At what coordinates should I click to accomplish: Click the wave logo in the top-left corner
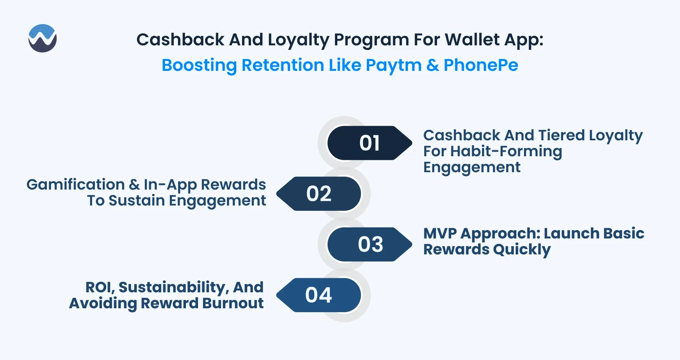pos(42,38)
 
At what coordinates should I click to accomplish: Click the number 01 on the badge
pos(369,143)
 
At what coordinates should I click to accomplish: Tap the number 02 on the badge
pos(319,194)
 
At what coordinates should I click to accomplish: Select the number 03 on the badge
pos(370,244)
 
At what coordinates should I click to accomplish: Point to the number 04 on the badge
pos(319,295)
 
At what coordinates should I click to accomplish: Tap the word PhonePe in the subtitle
pos(481,65)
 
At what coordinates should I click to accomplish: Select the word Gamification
pos(75,185)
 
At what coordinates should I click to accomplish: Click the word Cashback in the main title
pos(180,39)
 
